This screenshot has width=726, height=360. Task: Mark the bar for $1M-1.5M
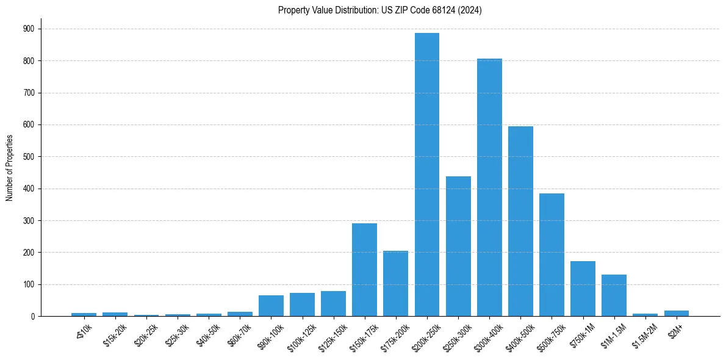[614, 295]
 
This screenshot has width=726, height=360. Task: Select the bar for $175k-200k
[395, 283]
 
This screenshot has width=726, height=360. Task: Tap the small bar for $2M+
[676, 314]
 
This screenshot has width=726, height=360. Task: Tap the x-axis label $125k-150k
[331, 334]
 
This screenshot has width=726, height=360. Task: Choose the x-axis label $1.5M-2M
[644, 334]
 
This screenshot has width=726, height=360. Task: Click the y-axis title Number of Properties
[9, 168]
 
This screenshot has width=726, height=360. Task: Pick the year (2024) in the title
[471, 10]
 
